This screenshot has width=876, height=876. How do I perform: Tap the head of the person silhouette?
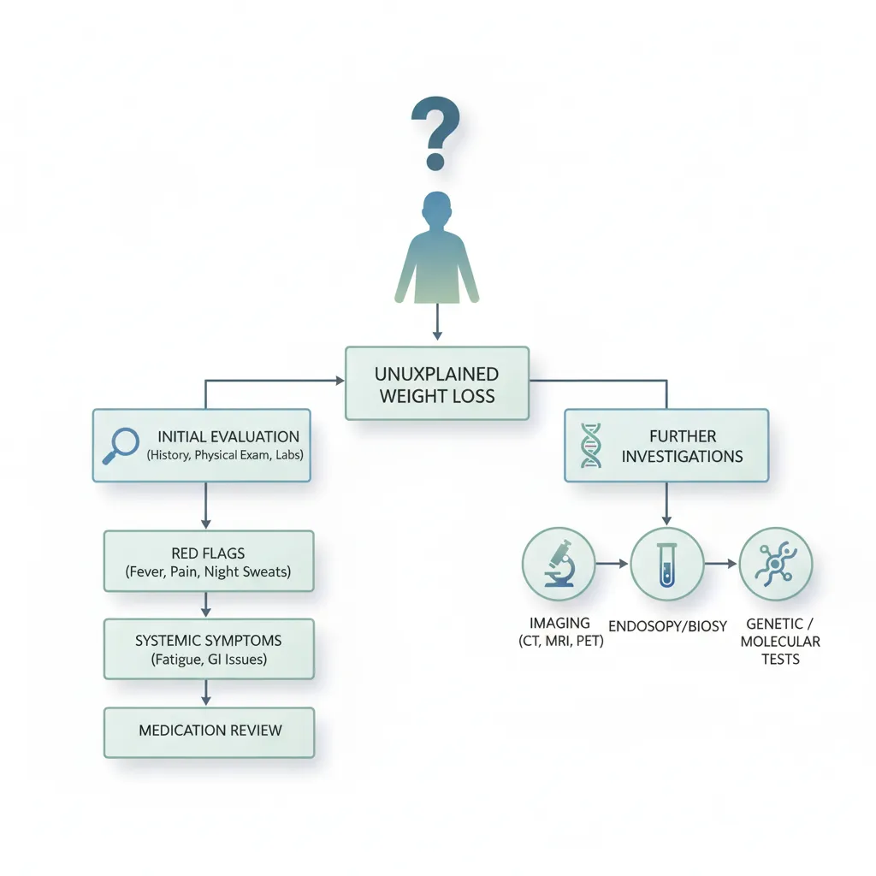pos(437,210)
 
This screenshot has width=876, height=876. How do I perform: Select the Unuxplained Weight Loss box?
pos(437,383)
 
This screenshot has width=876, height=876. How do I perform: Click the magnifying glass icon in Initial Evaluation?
pos(121,445)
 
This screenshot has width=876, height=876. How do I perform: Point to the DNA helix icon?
pos(590,445)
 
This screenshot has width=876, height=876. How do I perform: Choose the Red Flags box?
pos(209,561)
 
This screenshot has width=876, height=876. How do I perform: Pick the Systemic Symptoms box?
pos(209,649)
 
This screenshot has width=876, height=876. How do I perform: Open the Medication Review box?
pos(209,732)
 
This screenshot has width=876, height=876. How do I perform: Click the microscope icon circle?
pos(559,564)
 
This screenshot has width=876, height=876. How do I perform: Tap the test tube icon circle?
pos(667,564)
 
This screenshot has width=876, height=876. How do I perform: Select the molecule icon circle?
pos(775,564)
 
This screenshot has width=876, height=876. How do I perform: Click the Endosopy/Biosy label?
pos(667,626)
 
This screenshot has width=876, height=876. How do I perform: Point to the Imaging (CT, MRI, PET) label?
pos(560,632)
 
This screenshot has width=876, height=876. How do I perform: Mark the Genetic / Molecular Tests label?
pos(780,642)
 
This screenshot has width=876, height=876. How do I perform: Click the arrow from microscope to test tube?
pos(613,564)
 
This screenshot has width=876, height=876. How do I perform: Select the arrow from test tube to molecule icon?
pos(720,564)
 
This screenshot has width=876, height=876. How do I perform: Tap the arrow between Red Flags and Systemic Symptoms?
pos(205,605)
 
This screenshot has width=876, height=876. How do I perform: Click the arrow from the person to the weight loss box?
pos(437,322)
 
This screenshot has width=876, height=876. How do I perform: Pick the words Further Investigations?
pos(682,446)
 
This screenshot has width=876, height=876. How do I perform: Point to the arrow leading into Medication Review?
pos(205,693)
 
